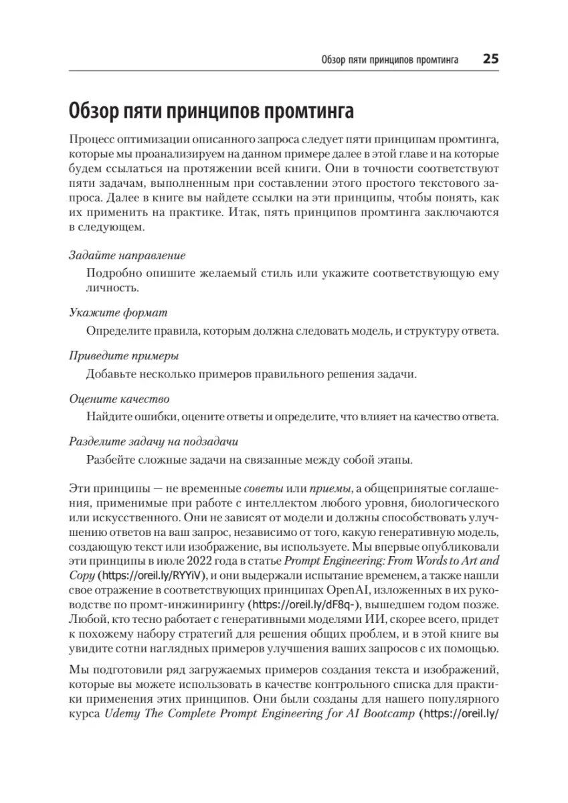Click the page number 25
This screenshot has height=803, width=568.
tap(490, 59)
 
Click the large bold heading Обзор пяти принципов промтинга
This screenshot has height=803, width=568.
tap(211, 109)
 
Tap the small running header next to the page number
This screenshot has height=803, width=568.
tap(389, 60)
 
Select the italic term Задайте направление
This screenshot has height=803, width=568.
tap(127, 256)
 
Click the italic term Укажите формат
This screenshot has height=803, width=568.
tap(118, 313)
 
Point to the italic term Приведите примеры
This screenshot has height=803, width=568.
tap(124, 355)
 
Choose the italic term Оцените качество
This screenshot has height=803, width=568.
tap(119, 399)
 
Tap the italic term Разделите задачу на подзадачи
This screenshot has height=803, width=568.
tap(154, 442)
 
